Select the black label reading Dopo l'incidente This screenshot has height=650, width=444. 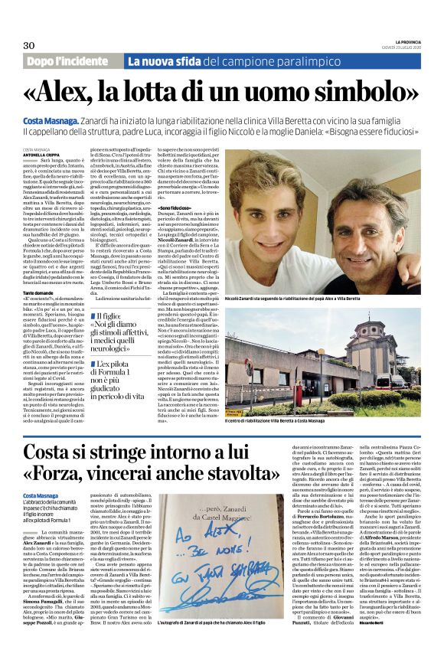click(x=70, y=61)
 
